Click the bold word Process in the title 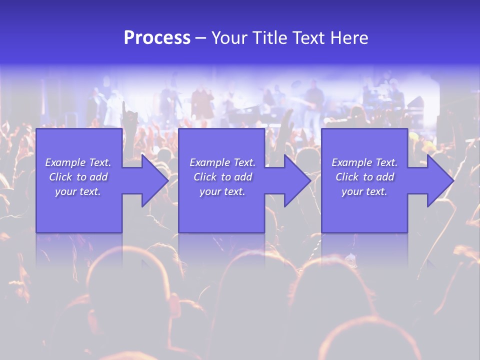(157, 38)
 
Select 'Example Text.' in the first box (78, 162)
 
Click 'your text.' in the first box (78, 191)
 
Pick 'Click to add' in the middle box (222, 177)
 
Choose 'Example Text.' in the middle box (222, 162)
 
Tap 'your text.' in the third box (364, 191)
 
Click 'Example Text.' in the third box (364, 162)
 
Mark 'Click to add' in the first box (78, 177)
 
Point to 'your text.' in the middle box (222, 191)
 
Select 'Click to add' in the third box (364, 177)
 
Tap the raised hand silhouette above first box (131, 116)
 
